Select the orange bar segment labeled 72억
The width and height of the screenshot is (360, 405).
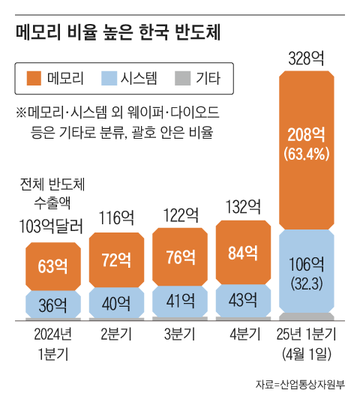coord(117,261)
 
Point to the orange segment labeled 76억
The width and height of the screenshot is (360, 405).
coord(181,257)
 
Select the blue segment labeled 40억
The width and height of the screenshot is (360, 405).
coord(117,303)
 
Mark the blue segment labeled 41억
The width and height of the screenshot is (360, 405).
coord(181,302)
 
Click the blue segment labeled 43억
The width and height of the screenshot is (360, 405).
coord(244,301)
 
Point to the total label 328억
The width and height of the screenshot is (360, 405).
coord(305,57)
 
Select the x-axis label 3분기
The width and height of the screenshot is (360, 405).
coord(180,333)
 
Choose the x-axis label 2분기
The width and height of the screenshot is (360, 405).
coord(117,333)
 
